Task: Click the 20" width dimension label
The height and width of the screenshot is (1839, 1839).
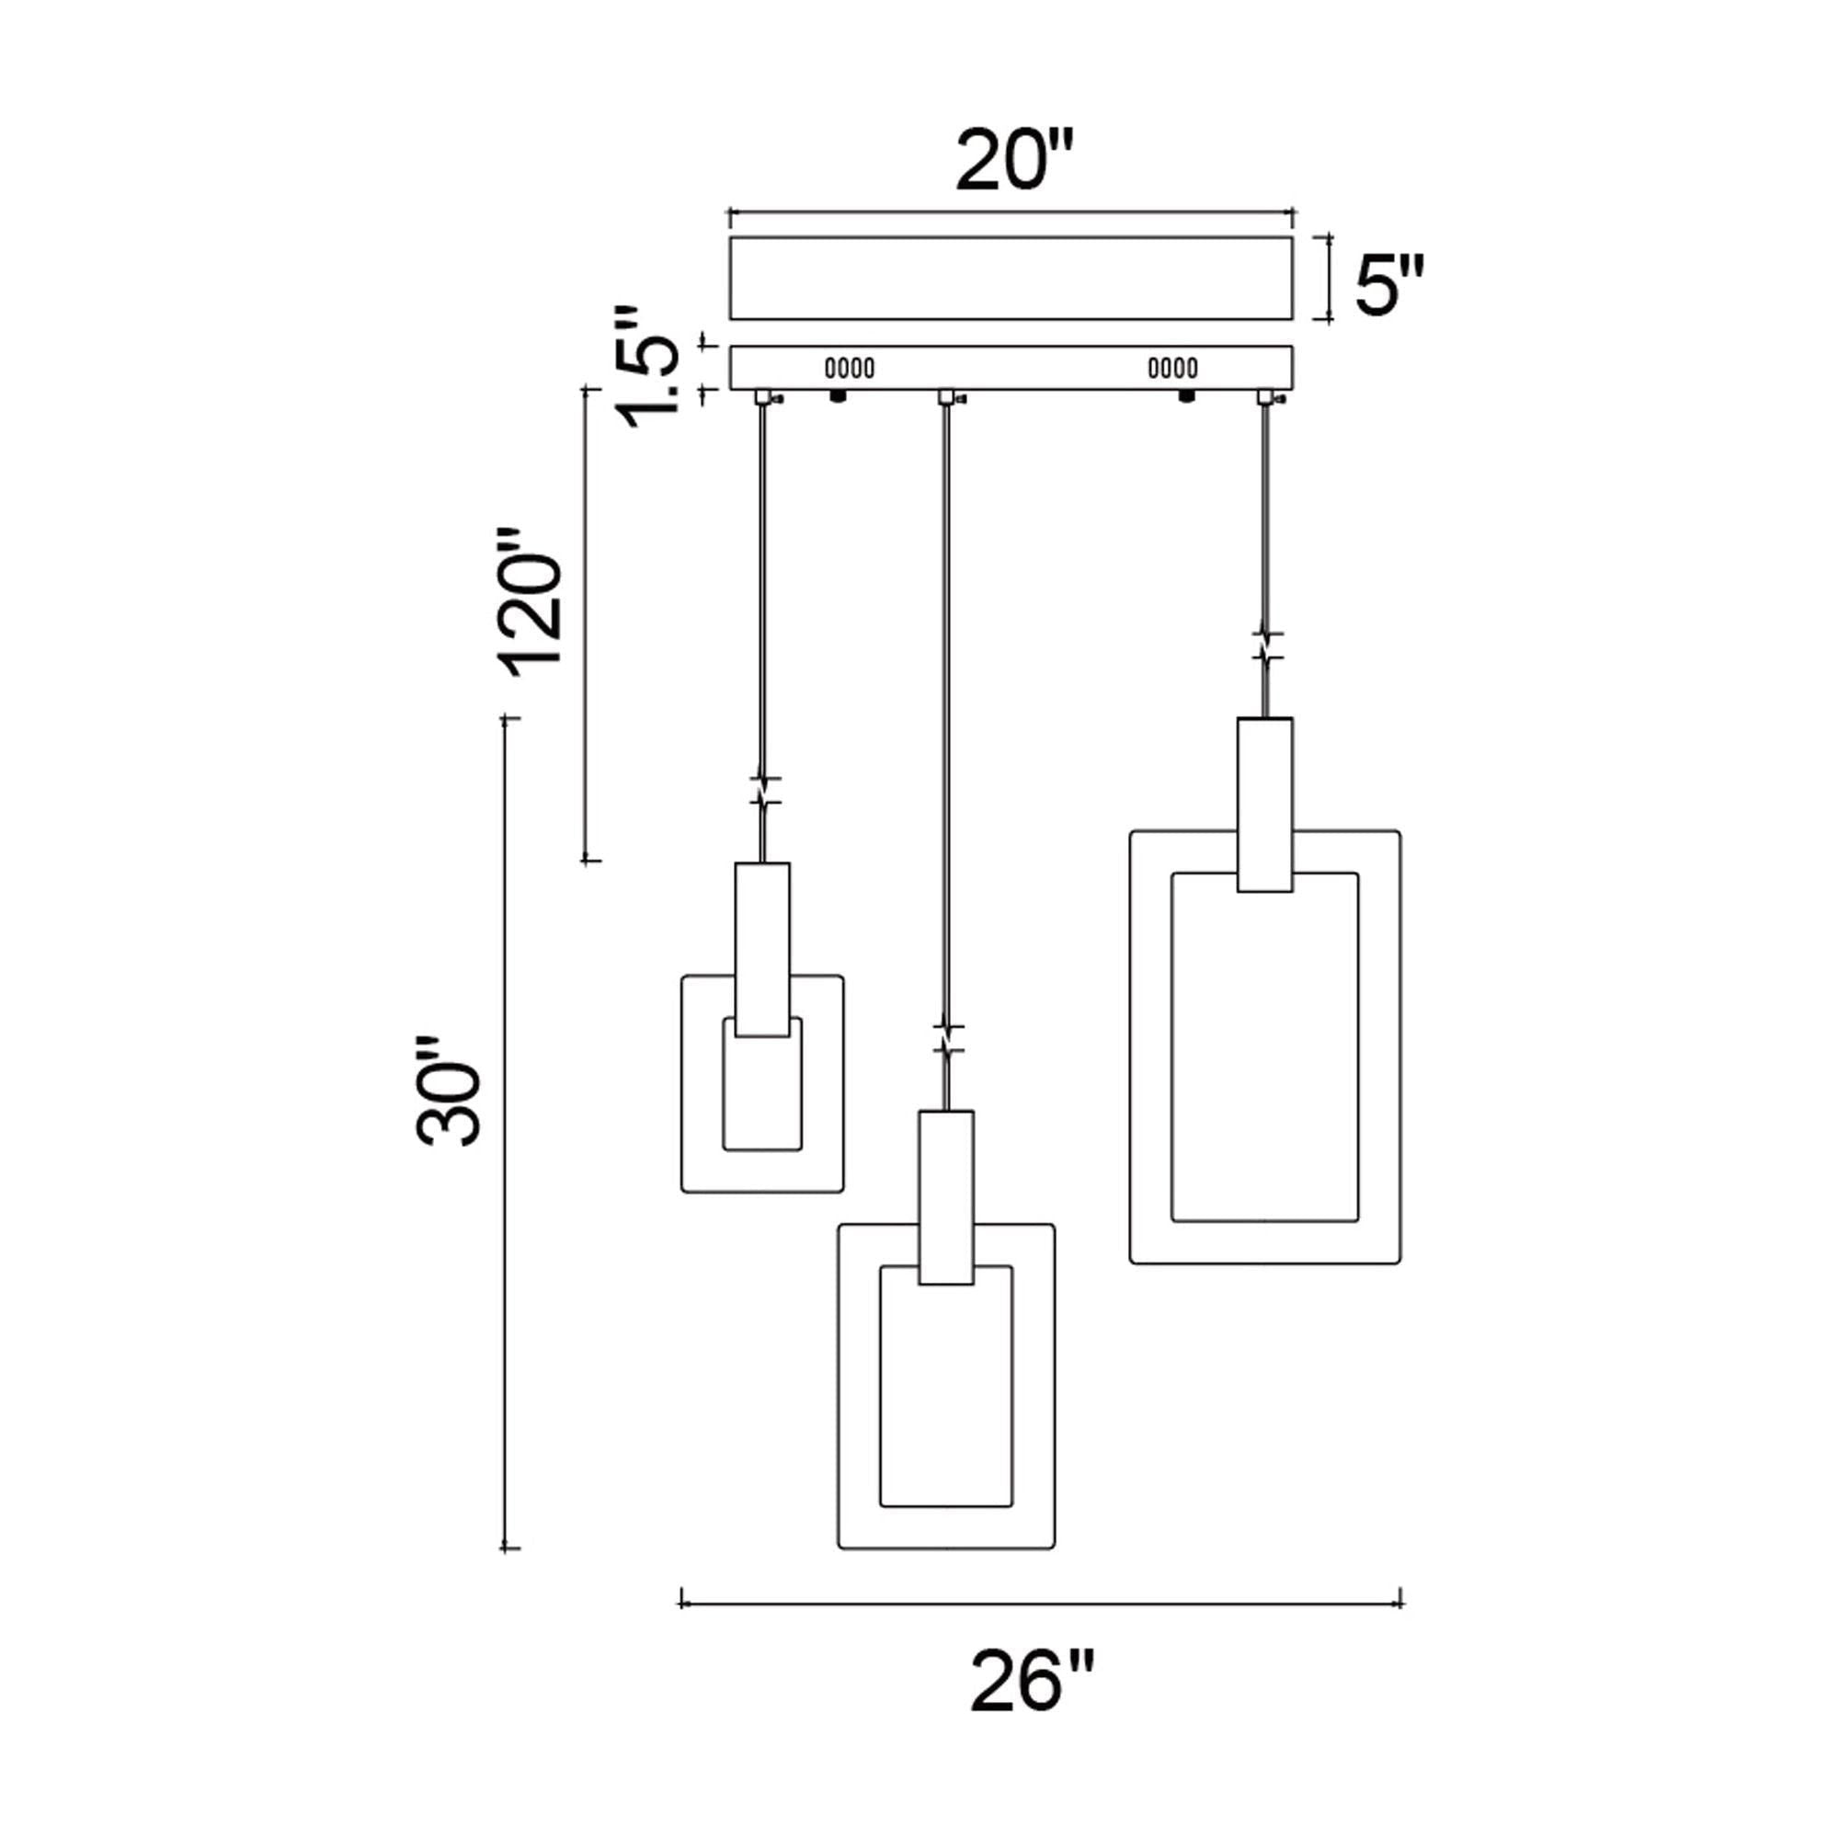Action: tap(1015, 161)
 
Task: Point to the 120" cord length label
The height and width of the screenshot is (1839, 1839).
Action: tap(531, 601)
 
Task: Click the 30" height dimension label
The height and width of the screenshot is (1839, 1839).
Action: tap(449, 1091)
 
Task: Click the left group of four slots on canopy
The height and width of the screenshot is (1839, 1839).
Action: tap(849, 368)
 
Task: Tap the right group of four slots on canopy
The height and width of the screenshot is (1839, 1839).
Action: tap(1172, 368)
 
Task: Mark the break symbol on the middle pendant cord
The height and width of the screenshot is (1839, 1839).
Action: tap(947, 1039)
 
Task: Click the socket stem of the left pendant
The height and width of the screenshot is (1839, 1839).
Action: tap(762, 950)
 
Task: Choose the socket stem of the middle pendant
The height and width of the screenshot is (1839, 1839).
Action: tap(946, 1197)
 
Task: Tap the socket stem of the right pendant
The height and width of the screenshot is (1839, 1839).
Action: tap(1265, 805)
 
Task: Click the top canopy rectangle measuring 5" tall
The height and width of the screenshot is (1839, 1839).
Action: tap(1011, 278)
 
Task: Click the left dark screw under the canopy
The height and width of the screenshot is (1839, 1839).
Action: tap(839, 396)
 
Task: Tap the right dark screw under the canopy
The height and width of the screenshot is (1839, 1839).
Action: tap(1187, 396)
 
